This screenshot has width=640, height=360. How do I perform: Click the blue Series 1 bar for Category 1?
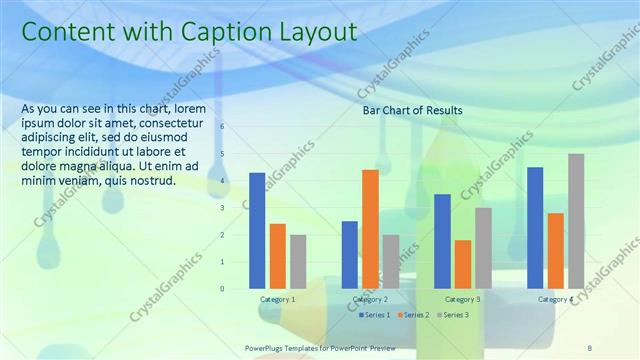pyautogui.click(x=257, y=231)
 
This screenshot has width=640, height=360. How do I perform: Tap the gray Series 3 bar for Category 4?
pyautogui.click(x=576, y=221)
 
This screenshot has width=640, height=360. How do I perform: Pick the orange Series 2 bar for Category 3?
pyautogui.click(x=463, y=264)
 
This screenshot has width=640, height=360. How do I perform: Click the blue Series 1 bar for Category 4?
pyautogui.click(x=535, y=228)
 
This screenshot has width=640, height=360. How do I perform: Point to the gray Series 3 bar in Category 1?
pyautogui.click(x=298, y=262)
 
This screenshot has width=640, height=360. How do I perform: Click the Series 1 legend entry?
pyautogui.click(x=376, y=315)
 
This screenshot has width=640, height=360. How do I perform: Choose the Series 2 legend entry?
pyautogui.click(x=414, y=315)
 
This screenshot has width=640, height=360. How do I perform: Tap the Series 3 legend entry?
pyautogui.click(x=451, y=315)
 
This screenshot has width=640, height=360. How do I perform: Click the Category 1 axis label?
pyautogui.click(x=277, y=300)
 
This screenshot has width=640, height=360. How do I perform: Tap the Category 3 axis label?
pyautogui.click(x=462, y=300)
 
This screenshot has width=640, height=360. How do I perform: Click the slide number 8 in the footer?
pyautogui.click(x=589, y=347)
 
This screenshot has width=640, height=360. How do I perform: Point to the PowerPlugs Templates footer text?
pyautogui.click(x=320, y=347)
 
